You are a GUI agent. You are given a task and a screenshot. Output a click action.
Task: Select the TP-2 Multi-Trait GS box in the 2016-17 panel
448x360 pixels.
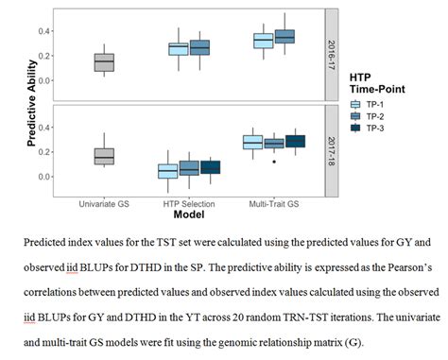point(284,37)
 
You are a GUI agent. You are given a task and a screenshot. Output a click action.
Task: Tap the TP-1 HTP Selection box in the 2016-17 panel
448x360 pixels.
point(178,49)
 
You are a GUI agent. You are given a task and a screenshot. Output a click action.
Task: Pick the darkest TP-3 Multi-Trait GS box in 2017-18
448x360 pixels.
point(295,141)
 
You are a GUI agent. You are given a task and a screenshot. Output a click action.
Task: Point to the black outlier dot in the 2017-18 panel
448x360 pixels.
point(273,161)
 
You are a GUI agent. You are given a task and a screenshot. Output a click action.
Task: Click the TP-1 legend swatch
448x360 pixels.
point(357,105)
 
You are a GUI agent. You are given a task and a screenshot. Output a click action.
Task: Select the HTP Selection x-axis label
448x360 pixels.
point(189,201)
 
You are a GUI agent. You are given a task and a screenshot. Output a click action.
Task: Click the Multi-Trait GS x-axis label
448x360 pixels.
point(274,201)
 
